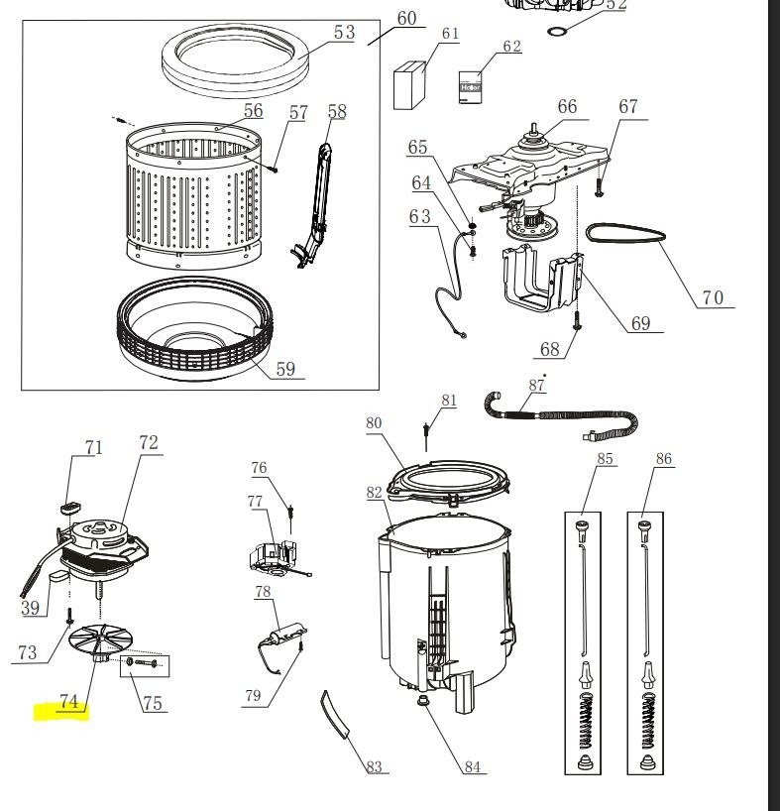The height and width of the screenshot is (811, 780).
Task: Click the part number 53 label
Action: coord(343,33)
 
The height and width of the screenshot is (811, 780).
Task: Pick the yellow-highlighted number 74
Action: coord(67,702)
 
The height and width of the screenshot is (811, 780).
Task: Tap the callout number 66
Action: coord(566,107)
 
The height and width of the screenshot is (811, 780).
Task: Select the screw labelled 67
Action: coord(601,184)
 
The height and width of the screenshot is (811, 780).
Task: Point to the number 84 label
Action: coord(472,766)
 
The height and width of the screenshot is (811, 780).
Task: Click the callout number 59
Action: coord(284,369)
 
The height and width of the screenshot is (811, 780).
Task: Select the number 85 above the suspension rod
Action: coord(605,459)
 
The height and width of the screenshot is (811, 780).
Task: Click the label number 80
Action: coord(374,423)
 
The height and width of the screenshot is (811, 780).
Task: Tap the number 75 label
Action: coord(153,704)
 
